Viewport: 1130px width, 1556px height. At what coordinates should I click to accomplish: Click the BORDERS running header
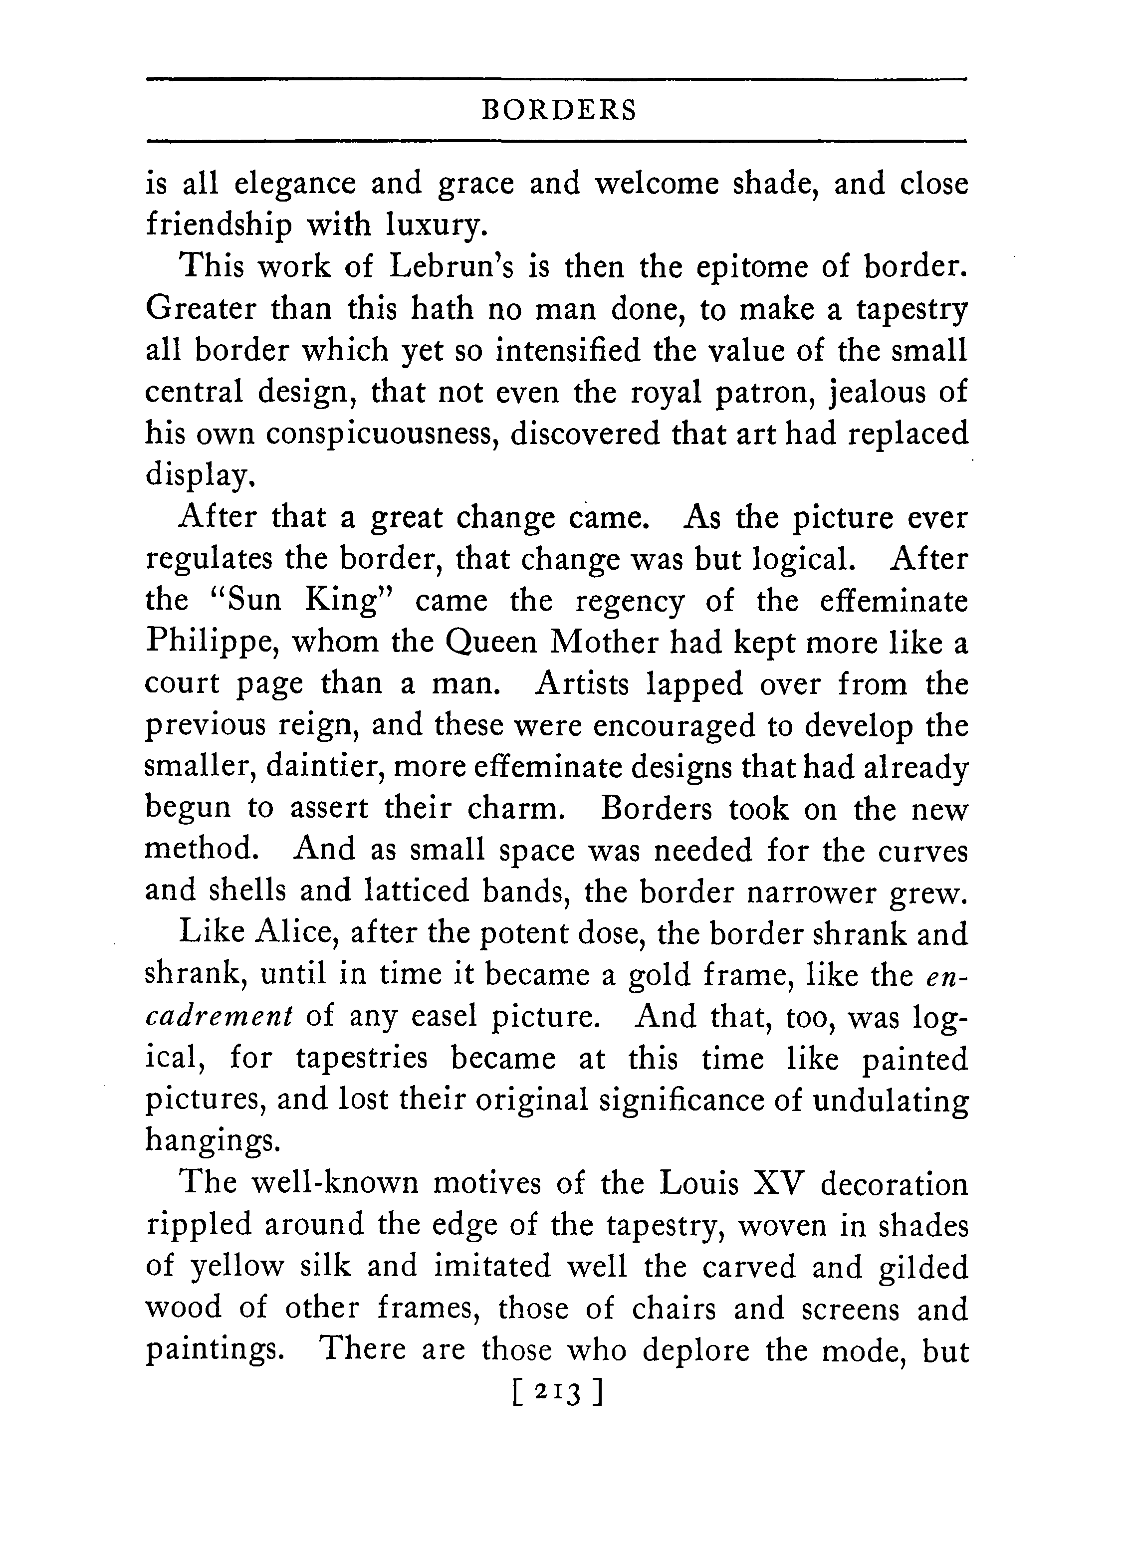559,110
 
